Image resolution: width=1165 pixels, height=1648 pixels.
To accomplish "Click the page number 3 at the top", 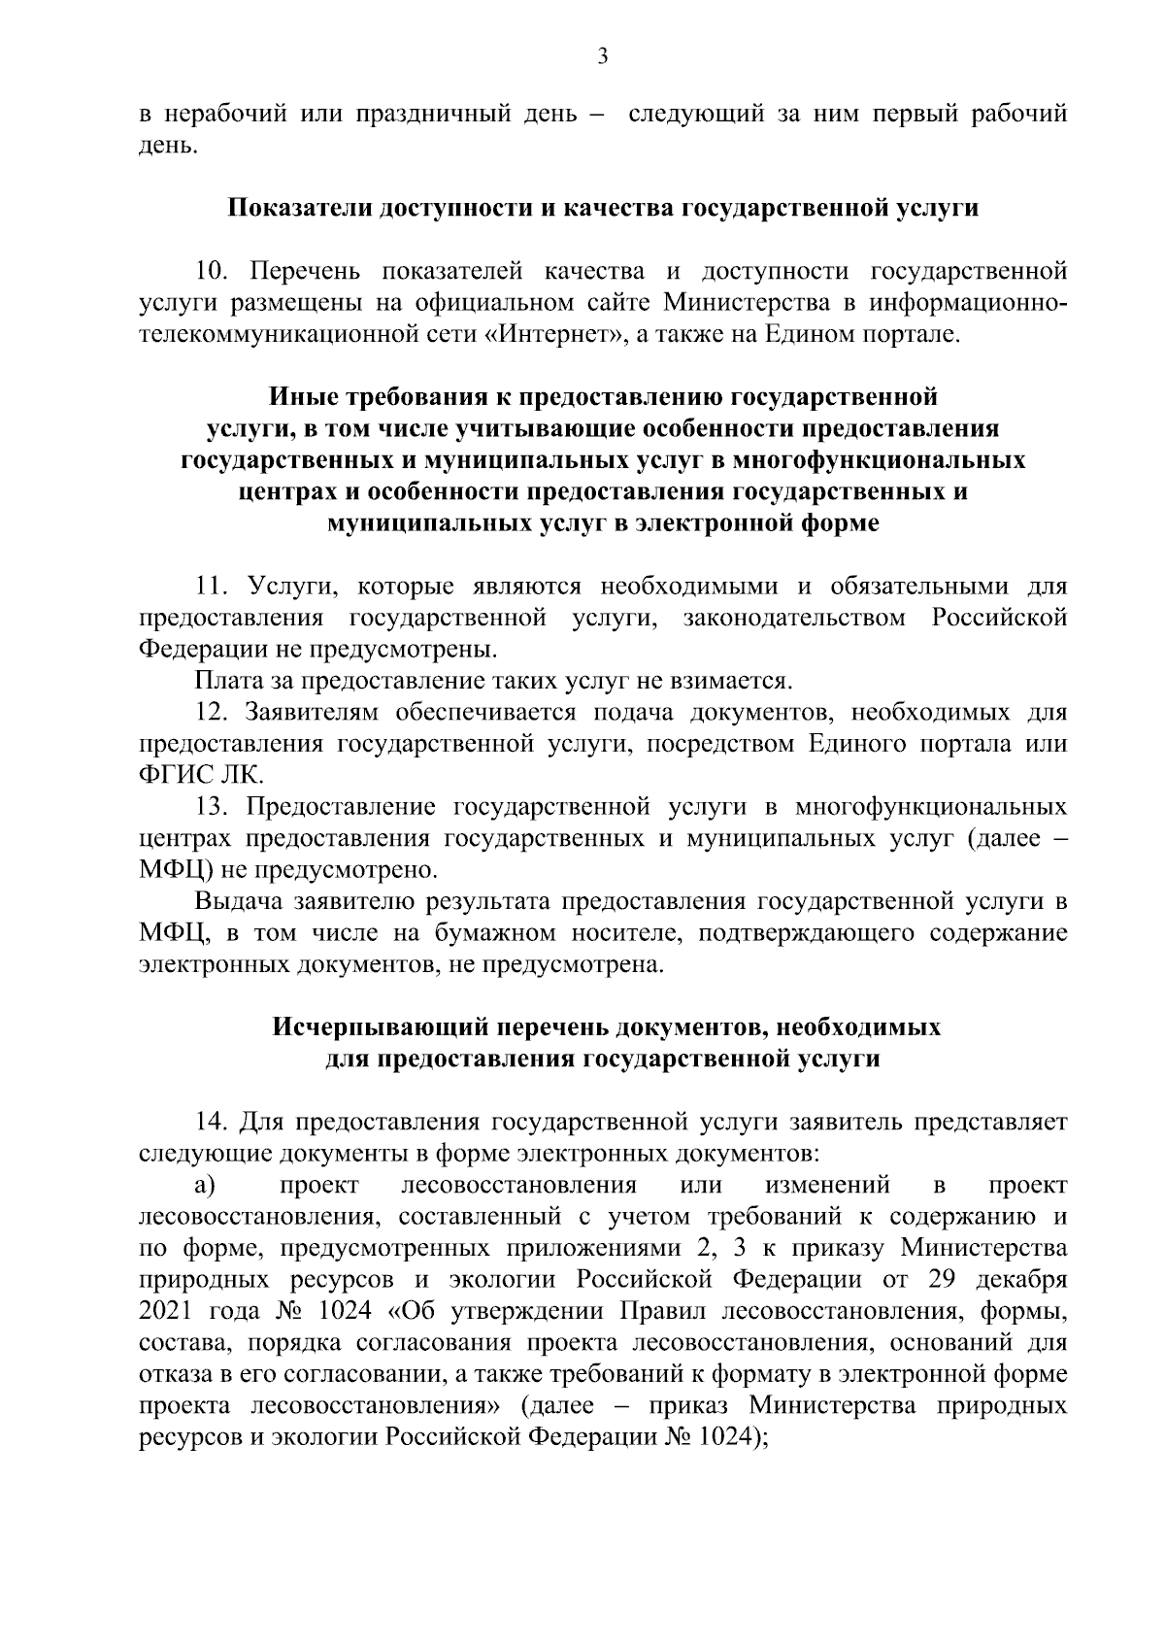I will point(602,57).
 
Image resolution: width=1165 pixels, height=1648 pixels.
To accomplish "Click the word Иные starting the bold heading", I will point(297,397).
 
